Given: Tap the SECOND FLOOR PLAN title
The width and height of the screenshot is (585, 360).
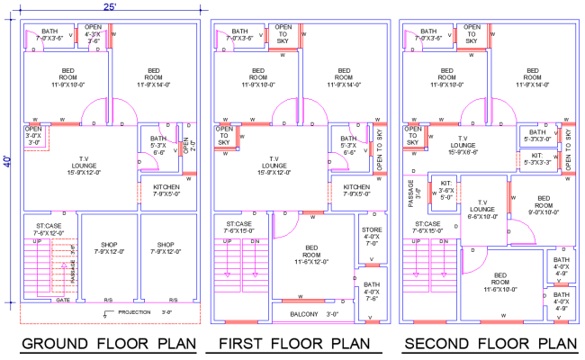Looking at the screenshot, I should pyautogui.click(x=490, y=344).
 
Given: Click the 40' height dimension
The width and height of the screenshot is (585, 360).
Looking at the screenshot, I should pyautogui.click(x=7, y=162).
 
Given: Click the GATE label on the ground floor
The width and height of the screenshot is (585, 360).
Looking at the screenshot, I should pyautogui.click(x=63, y=300).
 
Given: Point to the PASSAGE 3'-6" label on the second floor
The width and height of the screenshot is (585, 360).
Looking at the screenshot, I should pyautogui.click(x=409, y=193).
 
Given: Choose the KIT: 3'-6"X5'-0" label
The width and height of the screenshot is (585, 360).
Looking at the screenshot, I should pyautogui.click(x=447, y=193).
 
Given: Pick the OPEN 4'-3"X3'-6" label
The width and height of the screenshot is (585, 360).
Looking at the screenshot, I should pyautogui.click(x=94, y=34).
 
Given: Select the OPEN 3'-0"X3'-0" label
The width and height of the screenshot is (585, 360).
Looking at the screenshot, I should pyautogui.click(x=33, y=136).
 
